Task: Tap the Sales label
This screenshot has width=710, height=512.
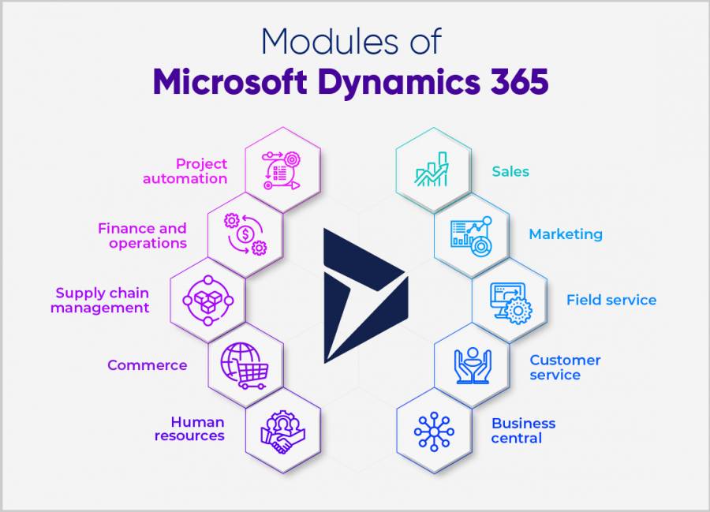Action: coord(510,171)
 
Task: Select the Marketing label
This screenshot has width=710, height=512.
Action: coord(565,234)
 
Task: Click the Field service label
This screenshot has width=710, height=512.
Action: coord(611,300)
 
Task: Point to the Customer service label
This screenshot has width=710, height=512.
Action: coord(565,367)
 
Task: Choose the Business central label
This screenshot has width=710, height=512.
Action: coord(523,430)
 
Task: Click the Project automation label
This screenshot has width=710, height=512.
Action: coord(185,170)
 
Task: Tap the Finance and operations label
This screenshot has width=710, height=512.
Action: coord(143,235)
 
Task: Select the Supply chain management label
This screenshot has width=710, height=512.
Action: coord(100,300)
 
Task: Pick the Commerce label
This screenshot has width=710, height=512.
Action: coord(148,365)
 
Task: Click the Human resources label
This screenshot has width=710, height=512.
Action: coord(190,428)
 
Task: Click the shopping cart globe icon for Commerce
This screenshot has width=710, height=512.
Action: coord(243,365)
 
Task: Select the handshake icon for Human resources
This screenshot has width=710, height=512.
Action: coord(282,431)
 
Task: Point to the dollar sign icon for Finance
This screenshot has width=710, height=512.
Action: coord(245,234)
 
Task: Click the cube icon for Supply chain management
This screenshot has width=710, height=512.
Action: coord(207,300)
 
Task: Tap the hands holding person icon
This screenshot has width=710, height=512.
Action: coord(473,365)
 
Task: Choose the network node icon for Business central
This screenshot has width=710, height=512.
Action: coord(433,431)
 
